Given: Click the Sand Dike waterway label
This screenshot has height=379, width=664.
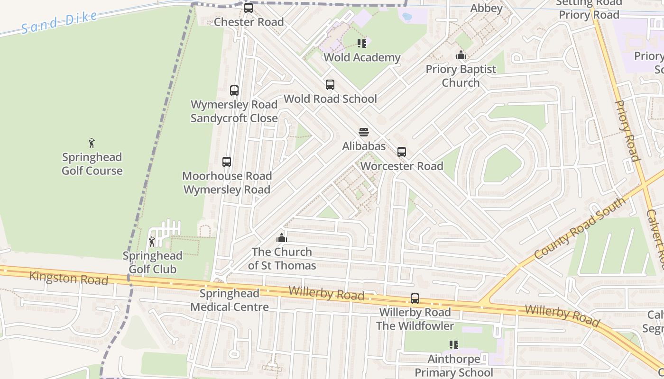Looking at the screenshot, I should (x=59, y=22).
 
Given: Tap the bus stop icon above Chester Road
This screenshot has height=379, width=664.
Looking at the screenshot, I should (x=249, y=8).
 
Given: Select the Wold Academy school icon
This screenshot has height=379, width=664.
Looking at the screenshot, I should (x=362, y=44).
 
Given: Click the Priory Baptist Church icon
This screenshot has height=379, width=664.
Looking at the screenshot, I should (x=461, y=55).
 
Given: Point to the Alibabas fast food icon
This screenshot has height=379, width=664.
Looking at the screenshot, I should (x=364, y=132).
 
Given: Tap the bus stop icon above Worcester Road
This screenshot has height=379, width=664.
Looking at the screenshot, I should (x=402, y=152).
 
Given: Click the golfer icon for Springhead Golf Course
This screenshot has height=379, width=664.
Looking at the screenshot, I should (x=92, y=143).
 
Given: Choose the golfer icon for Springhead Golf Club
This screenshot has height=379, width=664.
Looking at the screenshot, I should (x=152, y=242).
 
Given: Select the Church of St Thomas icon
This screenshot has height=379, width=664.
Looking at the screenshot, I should (x=282, y=238).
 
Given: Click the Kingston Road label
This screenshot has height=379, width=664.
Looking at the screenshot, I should (x=69, y=278).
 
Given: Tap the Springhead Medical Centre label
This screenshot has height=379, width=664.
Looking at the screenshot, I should (x=230, y=300).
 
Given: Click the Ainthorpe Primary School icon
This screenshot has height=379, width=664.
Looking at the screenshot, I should (x=454, y=345).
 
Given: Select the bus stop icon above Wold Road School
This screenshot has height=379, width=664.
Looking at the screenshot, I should (x=330, y=85).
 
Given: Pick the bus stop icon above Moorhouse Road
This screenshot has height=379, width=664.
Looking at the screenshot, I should (x=227, y=162).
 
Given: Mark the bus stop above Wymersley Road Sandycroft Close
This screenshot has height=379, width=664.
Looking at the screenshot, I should (x=234, y=90).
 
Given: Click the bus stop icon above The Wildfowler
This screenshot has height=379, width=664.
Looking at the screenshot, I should (x=415, y=298).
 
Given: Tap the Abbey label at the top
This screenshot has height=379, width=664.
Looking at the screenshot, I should (x=486, y=8).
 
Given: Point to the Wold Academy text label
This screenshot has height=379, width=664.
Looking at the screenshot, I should (x=362, y=58).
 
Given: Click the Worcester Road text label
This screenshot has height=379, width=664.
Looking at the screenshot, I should (x=402, y=166).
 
